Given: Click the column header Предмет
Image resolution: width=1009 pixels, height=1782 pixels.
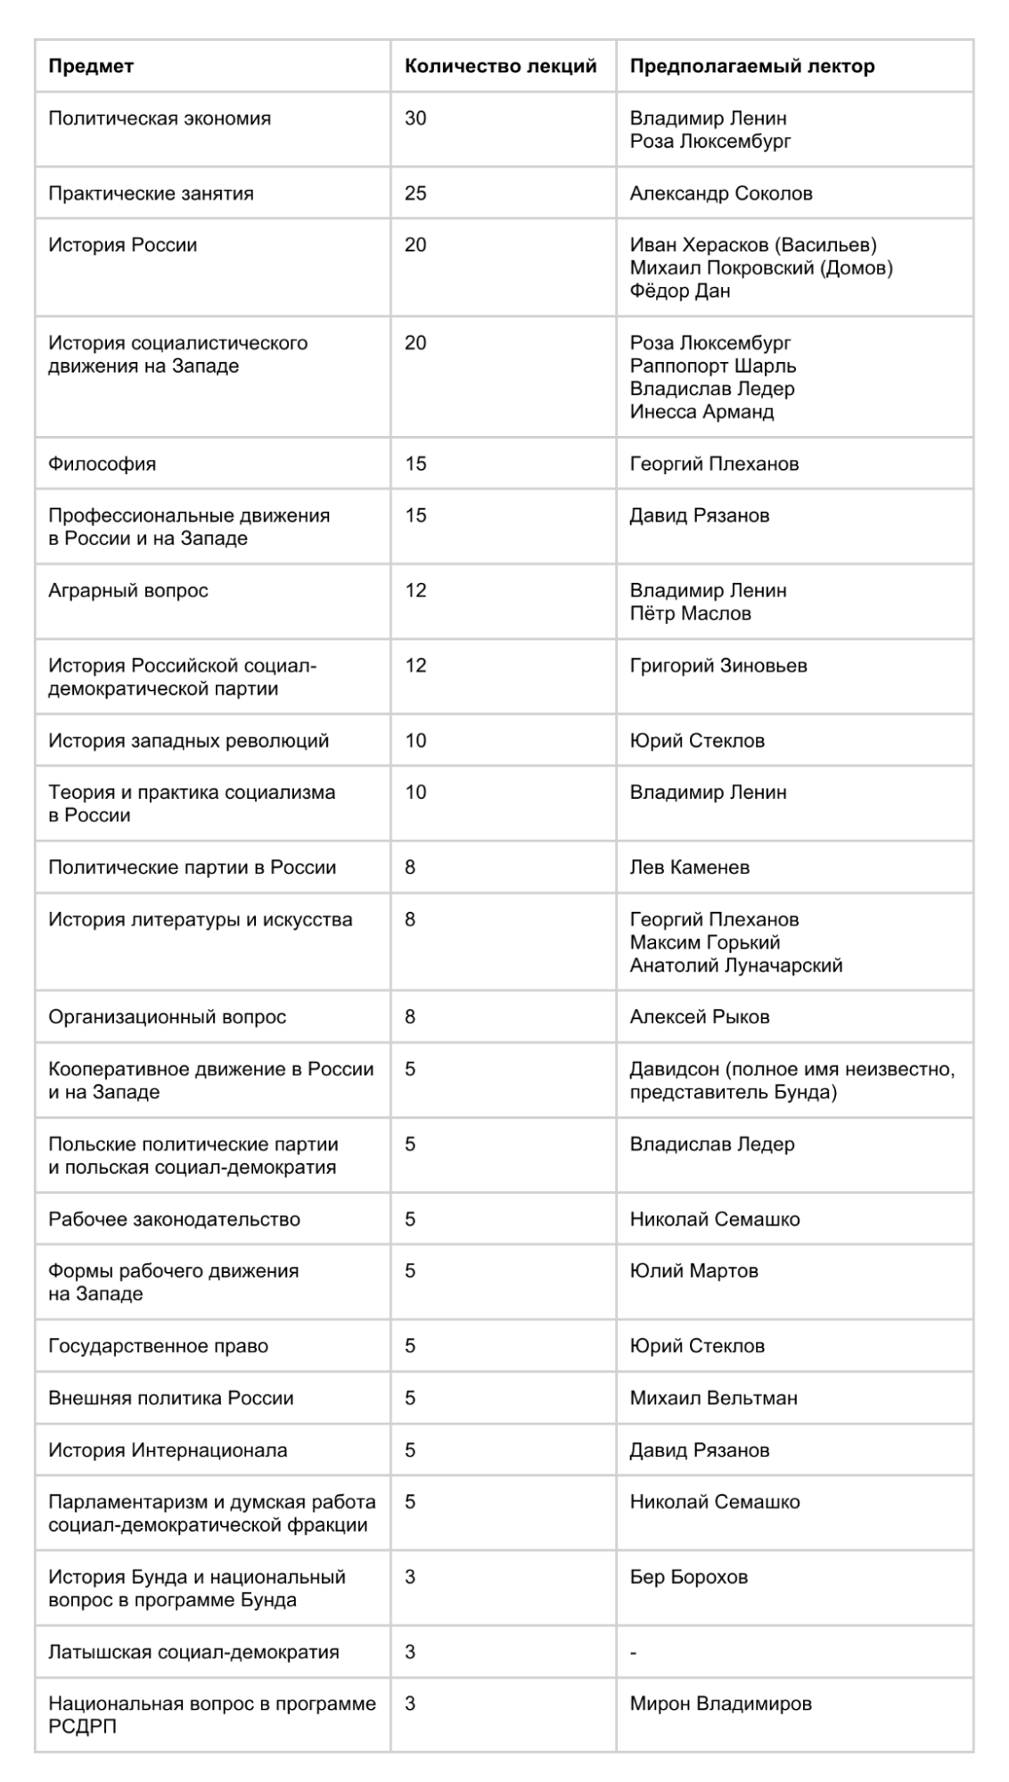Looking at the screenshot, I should click(x=91, y=66).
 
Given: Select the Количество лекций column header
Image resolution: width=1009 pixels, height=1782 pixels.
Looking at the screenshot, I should click(x=500, y=66).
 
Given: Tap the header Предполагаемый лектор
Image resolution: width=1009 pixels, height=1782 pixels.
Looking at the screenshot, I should click(x=752, y=66).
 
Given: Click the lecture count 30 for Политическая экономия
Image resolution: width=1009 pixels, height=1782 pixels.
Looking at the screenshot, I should click(x=415, y=119).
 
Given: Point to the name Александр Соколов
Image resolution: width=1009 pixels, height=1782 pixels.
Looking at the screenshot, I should click(x=721, y=193).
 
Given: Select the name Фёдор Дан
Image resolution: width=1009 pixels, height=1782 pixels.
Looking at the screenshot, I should click(x=680, y=291).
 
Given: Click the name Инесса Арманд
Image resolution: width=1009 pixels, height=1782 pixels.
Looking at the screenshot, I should click(x=701, y=412).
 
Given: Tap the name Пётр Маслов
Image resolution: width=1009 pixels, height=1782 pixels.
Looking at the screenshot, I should click(x=690, y=613).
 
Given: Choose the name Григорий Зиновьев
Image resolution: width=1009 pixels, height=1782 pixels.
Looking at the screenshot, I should click(x=718, y=665).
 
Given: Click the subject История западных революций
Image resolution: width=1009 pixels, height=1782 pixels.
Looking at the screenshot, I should click(x=188, y=741).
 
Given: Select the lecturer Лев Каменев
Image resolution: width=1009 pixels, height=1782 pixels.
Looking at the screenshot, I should click(x=689, y=867).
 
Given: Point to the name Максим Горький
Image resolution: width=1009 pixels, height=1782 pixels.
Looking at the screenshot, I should click(x=705, y=942).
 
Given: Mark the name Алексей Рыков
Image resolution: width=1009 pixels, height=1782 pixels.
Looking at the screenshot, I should click(x=700, y=1017).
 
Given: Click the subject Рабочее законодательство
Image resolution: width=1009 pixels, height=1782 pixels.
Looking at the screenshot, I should click(x=174, y=1219).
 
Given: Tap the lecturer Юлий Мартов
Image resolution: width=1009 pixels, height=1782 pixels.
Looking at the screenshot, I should click(x=693, y=1271).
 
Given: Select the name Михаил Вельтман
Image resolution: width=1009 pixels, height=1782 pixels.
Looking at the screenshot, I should click(x=713, y=1398).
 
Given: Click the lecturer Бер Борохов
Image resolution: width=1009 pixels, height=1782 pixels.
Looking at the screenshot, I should click(x=688, y=1577).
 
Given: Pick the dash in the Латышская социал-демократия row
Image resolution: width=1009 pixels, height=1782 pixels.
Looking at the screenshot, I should click(x=634, y=1653).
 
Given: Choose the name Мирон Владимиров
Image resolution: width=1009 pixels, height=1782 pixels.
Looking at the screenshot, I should click(x=720, y=1704).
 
